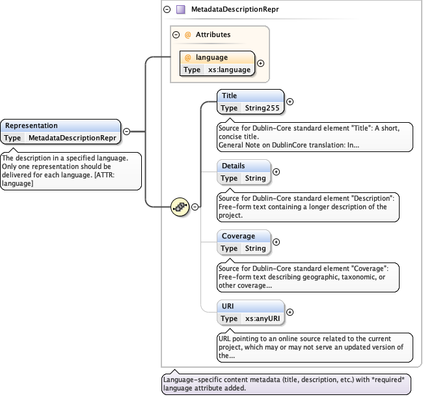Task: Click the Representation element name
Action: [x=31, y=125]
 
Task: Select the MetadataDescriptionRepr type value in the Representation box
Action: [x=72, y=138]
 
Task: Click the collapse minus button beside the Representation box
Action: [x=127, y=131]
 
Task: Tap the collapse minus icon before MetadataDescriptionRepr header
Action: [x=167, y=10]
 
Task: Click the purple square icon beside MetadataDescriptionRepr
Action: [x=181, y=10]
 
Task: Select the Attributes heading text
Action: [x=213, y=34]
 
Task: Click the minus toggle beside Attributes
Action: [x=176, y=34]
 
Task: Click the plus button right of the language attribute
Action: [x=261, y=64]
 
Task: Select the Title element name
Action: [x=229, y=96]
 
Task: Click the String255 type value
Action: [x=262, y=108]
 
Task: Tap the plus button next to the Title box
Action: [x=290, y=101]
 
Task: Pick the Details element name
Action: [x=233, y=166]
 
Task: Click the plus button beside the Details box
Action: [x=276, y=172]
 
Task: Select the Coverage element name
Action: [x=238, y=236]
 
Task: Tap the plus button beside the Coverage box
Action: [x=276, y=242]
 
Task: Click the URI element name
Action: [x=227, y=306]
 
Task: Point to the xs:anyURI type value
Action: [x=263, y=318]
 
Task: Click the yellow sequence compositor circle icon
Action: [x=180, y=207]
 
